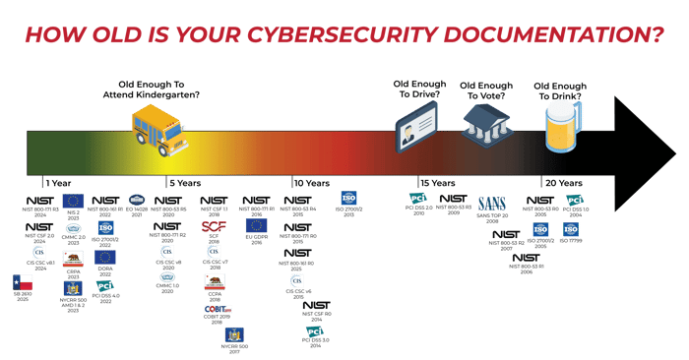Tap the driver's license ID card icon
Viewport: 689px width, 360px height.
coord(413,132)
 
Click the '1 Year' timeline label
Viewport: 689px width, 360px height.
coord(56,182)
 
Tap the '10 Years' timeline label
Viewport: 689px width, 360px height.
coord(310,182)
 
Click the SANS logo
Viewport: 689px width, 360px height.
coord(491,203)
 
